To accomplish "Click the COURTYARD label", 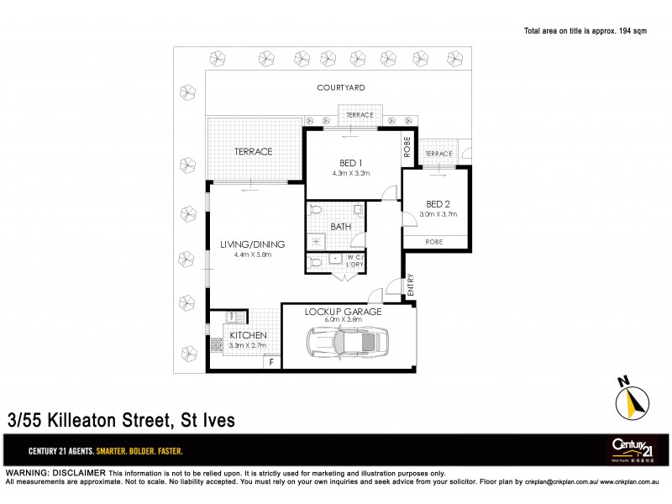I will tap(340, 87).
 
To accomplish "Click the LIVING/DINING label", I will tap(252, 244).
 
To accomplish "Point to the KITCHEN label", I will tap(248, 334).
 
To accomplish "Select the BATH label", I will tap(340, 227).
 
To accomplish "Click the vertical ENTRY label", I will tap(412, 286).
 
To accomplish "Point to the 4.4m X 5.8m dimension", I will tap(252, 255).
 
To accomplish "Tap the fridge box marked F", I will tap(271, 363).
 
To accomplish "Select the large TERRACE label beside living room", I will tap(252, 152).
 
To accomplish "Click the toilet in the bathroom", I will tap(315, 209).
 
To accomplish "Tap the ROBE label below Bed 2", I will tap(435, 241).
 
